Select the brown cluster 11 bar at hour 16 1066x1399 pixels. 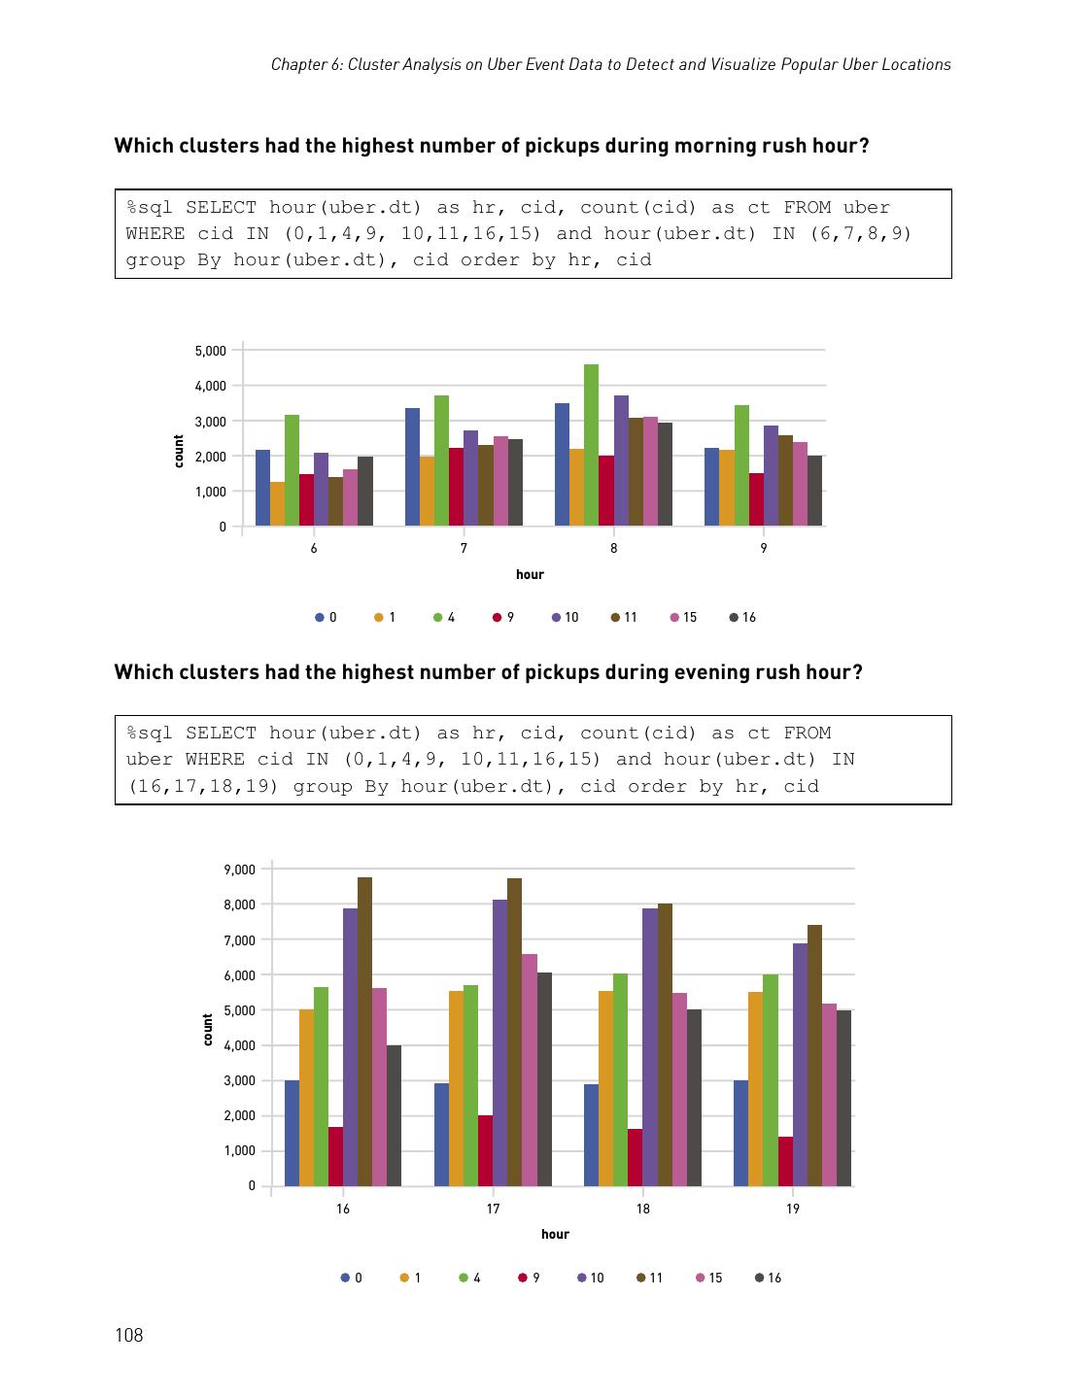364,1031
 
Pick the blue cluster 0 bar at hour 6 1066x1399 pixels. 262,488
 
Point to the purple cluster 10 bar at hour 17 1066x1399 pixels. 499,1042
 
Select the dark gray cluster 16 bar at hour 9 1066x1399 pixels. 814,491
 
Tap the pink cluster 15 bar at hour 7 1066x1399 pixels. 500,481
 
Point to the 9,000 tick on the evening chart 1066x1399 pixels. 239,870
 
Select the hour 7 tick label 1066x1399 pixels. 464,549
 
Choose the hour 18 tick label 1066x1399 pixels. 643,1209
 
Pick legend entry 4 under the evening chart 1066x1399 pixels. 470,1278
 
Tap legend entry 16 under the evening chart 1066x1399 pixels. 769,1278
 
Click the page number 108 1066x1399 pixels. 128,1335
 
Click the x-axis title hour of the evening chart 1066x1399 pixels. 555,1234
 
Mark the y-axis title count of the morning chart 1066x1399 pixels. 179,451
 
